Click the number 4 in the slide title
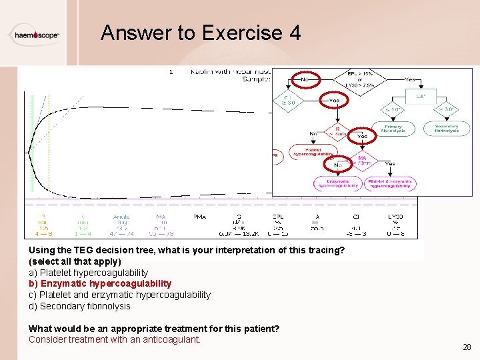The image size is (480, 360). point(295,33)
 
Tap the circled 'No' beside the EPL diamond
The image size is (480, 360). point(305,79)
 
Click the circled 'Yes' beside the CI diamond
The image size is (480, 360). point(334,101)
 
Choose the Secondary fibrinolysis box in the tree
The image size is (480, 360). point(446,128)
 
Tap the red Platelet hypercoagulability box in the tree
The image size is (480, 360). point(313,151)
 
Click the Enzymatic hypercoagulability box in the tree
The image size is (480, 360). point(338,183)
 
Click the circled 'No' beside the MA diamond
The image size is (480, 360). point(338,163)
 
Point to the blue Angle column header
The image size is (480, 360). point(121,216)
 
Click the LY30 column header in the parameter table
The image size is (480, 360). point(395,216)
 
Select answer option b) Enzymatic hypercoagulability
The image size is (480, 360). point(100,283)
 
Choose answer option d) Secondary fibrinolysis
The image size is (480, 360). point(79,306)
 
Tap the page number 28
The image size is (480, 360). point(466,347)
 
